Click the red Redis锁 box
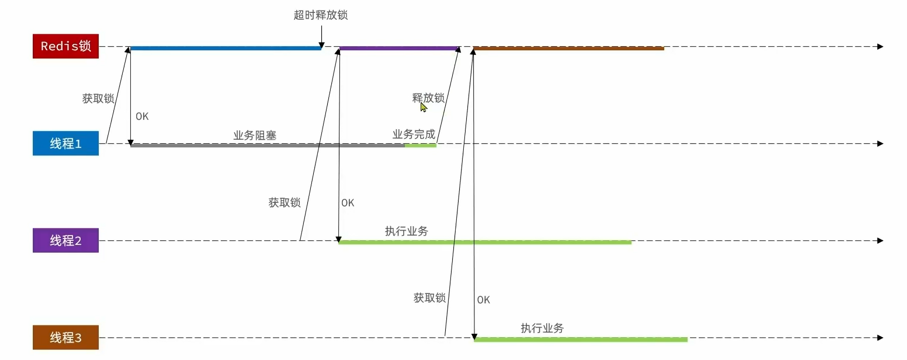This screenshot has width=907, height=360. pyautogui.click(x=65, y=46)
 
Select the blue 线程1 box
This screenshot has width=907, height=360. pyautogui.click(x=65, y=143)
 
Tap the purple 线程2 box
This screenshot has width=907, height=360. pyautogui.click(x=65, y=240)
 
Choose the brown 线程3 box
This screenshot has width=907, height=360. pyautogui.click(x=65, y=337)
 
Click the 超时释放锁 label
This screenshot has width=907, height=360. pyautogui.click(x=321, y=15)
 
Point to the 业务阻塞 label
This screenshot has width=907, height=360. pyautogui.click(x=255, y=135)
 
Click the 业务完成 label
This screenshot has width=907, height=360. pyautogui.click(x=414, y=134)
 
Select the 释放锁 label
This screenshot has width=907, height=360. pyautogui.click(x=428, y=97)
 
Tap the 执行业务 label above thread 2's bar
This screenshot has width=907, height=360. pyautogui.click(x=406, y=231)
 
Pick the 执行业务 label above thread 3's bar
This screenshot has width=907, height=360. pyautogui.click(x=542, y=328)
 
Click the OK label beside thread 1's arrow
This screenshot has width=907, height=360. pyautogui.click(x=142, y=116)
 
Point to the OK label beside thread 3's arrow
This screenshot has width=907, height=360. pyautogui.click(x=483, y=300)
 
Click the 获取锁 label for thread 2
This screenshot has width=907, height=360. pyautogui.click(x=284, y=203)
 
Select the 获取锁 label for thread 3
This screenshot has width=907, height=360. pyautogui.click(x=430, y=298)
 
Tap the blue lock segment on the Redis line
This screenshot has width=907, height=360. pyautogui.click(x=226, y=48)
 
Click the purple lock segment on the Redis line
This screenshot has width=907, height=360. pyautogui.click(x=398, y=48)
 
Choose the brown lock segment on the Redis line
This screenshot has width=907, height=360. pyautogui.click(x=569, y=48)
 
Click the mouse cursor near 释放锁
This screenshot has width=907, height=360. pyautogui.click(x=423, y=107)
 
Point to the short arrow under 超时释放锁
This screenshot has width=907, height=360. pyautogui.click(x=322, y=37)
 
